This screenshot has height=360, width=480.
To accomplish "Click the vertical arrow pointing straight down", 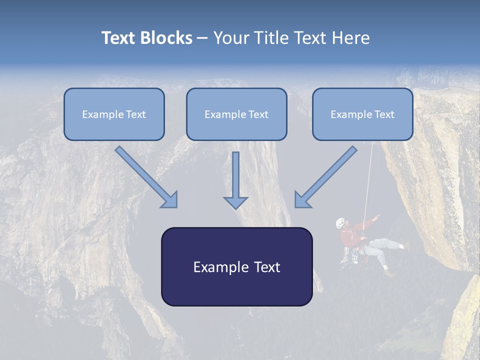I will coord(235,180).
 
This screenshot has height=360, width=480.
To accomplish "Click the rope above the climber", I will coord(369,180).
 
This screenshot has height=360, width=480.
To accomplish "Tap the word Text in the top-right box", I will coord(384,114).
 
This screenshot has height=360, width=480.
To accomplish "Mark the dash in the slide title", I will coord(202,38).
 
